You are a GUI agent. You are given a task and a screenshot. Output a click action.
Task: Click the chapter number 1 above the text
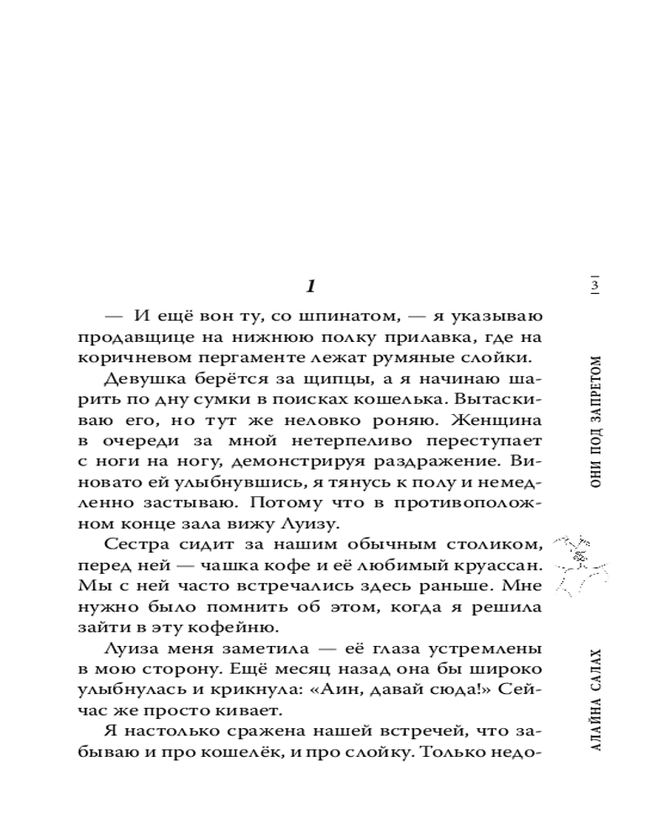310,287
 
